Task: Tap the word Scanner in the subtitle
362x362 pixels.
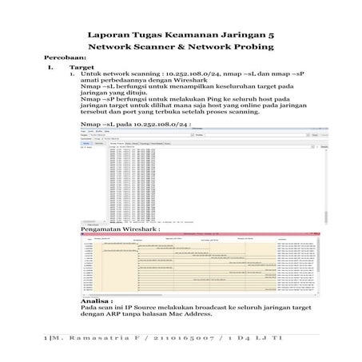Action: pos(160,48)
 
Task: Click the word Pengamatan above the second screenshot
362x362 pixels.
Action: pos(104,229)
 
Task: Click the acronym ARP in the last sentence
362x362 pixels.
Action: pos(126,312)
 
